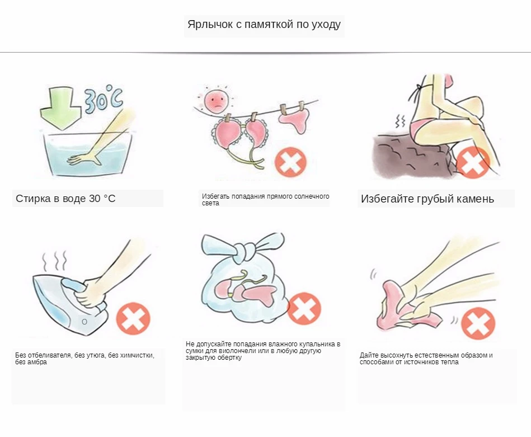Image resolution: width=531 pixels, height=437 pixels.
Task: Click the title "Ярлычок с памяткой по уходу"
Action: pyautogui.click(x=264, y=25)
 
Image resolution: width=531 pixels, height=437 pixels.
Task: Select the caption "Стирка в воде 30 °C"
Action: pyautogui.click(x=65, y=199)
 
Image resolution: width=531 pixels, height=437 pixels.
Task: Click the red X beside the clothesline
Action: pyautogui.click(x=290, y=162)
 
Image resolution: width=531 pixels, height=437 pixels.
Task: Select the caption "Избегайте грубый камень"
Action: pyautogui.click(x=427, y=199)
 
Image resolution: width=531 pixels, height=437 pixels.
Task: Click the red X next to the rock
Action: pyautogui.click(x=473, y=162)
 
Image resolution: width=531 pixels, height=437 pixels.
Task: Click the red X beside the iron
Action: pyautogui.click(x=133, y=318)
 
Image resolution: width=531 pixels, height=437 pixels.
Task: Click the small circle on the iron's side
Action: pyautogui.click(x=84, y=322)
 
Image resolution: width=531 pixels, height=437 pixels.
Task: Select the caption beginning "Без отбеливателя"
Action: pyautogui.click(x=84, y=359)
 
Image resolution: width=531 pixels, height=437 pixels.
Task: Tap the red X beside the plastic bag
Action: pyautogui.click(x=304, y=309)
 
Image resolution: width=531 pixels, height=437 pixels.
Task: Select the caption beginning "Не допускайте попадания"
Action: pyautogui.click(x=263, y=350)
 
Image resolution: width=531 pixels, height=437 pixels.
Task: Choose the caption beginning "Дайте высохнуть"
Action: pyautogui.click(x=426, y=358)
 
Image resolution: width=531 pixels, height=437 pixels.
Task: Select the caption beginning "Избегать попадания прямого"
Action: pyautogui.click(x=265, y=199)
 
